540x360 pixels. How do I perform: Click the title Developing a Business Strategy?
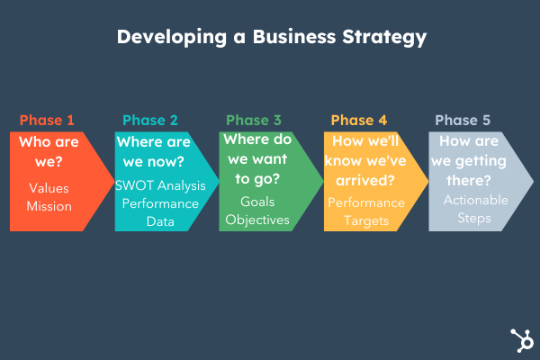pos(270,38)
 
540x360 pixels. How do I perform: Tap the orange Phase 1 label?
pos(47,120)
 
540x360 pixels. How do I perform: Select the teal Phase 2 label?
pos(150,120)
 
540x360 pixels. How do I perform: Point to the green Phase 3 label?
pos(254,120)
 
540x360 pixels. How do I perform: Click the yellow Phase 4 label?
pos(359,120)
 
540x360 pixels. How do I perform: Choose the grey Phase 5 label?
pos(463,120)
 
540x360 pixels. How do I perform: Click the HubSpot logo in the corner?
pos(519,340)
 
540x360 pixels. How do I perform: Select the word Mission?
pos(49,205)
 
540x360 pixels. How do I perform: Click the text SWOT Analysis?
pos(160,185)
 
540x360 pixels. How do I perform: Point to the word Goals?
pos(257,202)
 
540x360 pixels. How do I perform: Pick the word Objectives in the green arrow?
pos(257,220)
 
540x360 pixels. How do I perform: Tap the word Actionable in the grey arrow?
pos(475,199)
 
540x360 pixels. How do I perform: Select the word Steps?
pos(475,217)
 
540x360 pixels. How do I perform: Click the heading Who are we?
pos(49,152)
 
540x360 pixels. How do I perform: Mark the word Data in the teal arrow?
pos(160,220)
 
